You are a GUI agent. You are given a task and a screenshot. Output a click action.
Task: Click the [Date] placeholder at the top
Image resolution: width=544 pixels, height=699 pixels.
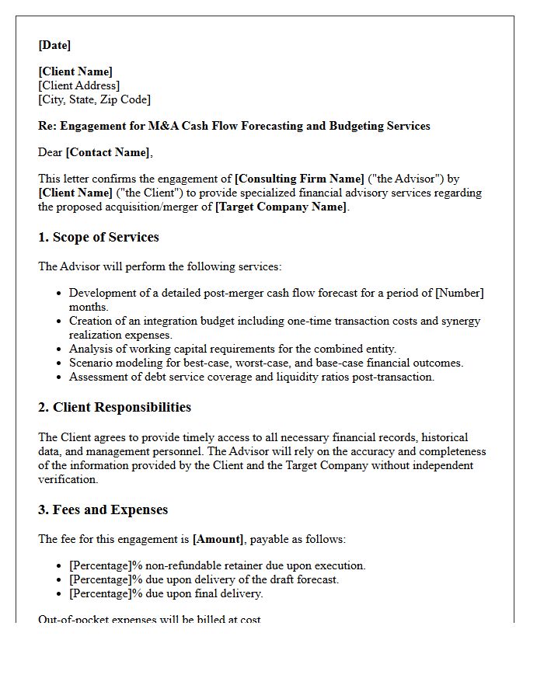(x=54, y=45)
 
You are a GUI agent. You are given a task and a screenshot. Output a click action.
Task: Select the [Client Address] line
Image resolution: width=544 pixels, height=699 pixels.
(x=79, y=85)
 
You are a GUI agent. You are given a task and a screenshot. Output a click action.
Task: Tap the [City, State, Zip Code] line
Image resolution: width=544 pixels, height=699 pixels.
(x=95, y=99)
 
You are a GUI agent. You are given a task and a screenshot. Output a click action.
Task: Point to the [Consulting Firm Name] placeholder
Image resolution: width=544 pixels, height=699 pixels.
(x=299, y=179)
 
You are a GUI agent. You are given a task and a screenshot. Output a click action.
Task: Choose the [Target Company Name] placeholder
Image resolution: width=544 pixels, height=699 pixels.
(x=281, y=207)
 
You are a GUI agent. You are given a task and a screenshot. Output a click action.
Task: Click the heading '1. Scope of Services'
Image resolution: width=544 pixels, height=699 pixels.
(x=99, y=238)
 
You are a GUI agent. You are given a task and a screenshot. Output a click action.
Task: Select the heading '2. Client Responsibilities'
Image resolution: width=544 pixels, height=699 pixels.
(x=114, y=407)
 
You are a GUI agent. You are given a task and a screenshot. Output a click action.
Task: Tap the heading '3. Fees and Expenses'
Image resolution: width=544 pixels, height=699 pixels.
(x=103, y=509)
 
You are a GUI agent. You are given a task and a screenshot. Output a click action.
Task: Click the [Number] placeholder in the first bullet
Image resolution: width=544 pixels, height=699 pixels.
(x=459, y=293)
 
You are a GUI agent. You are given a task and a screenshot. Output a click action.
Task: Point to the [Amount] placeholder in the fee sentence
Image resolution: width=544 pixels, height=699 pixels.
(x=218, y=539)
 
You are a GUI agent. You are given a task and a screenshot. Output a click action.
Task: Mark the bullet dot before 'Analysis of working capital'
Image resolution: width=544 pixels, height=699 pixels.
(x=59, y=349)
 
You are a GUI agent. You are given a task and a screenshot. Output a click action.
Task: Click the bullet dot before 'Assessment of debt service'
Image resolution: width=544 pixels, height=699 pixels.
(x=59, y=377)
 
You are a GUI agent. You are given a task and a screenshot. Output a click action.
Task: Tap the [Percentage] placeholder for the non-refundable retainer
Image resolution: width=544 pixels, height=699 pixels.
(x=99, y=565)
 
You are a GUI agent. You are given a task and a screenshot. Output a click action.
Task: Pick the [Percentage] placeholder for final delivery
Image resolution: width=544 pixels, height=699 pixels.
(x=99, y=593)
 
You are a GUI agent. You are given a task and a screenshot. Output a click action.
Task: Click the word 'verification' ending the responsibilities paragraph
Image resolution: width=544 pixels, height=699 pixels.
(x=68, y=479)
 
